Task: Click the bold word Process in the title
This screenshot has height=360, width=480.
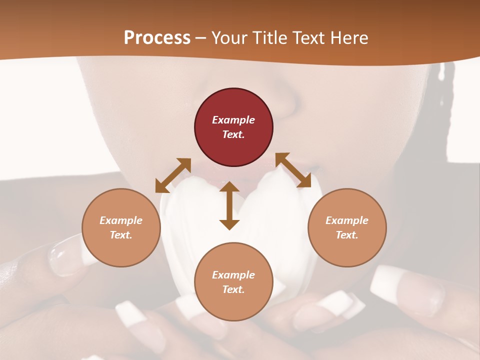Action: coord(157,38)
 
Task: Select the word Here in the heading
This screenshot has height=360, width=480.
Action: coord(349,38)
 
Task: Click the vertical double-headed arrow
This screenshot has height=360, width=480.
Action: coord(229,205)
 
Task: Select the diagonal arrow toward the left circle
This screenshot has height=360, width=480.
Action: coord(173,175)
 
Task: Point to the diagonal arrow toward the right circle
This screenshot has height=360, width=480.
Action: coord(293,170)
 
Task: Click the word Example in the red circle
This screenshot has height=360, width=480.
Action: coord(233,120)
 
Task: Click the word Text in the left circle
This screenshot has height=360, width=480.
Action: coord(121,235)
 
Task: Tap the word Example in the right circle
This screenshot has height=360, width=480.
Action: coord(347,220)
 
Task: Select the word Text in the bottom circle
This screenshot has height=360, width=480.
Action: coord(233,289)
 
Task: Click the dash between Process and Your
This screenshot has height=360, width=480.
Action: coord(200,38)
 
